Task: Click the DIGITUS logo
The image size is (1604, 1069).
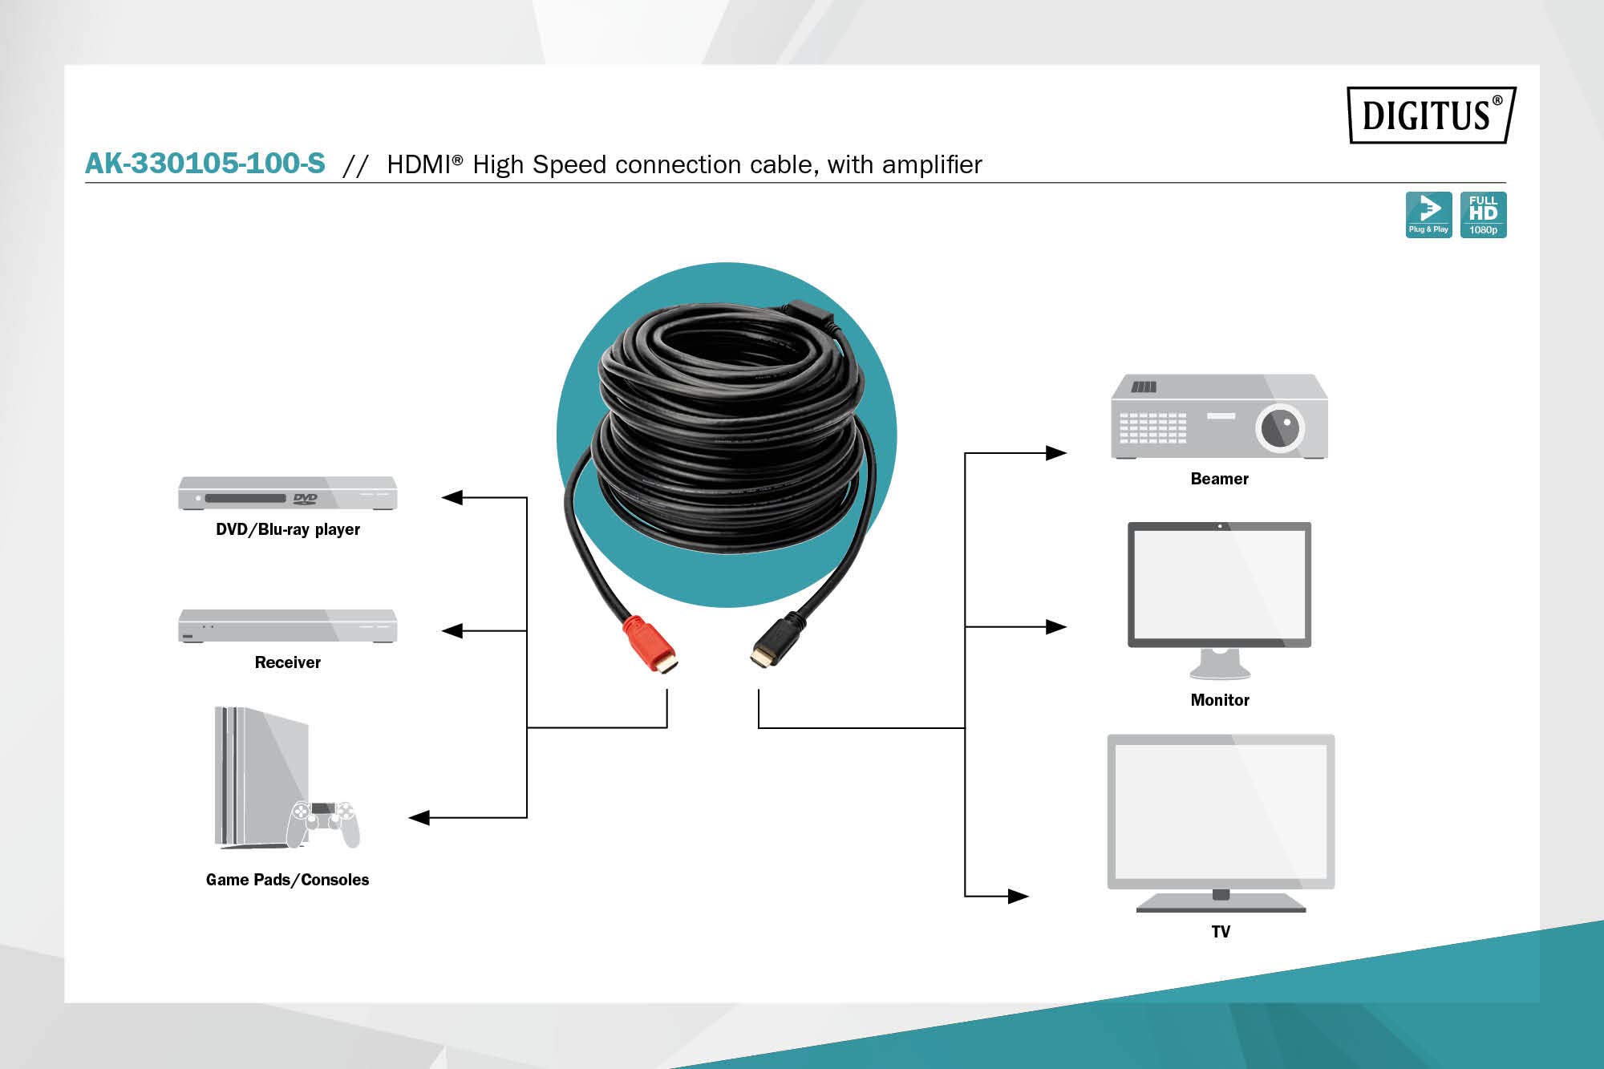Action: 1432,115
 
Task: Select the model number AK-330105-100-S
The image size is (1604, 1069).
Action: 205,164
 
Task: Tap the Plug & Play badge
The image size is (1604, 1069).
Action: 1428,215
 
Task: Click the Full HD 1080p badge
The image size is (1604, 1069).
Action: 1483,215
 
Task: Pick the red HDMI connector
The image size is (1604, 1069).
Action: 650,645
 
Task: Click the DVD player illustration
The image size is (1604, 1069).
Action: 287,493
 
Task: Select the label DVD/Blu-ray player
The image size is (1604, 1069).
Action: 288,529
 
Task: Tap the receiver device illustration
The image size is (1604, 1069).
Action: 287,626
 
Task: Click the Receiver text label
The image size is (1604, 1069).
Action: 288,662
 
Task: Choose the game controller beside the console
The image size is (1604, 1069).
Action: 324,823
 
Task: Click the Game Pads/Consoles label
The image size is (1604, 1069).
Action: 288,880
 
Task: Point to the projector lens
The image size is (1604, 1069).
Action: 1280,427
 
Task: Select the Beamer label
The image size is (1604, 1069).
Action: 1220,479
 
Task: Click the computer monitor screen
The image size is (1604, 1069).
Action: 1219,583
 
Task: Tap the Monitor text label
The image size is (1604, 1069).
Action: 1220,700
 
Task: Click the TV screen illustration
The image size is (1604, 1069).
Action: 1221,811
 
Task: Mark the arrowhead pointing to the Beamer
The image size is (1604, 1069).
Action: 1056,453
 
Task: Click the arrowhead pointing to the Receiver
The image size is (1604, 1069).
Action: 452,631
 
